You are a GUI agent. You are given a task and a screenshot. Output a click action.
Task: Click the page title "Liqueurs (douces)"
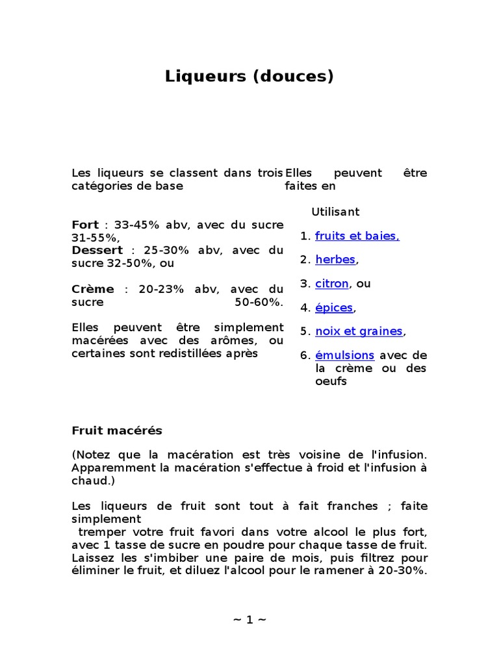249,77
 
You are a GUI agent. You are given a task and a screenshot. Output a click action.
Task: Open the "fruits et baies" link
357,236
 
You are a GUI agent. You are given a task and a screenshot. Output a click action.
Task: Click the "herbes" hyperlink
335,260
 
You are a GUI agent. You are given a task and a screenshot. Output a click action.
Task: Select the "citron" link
332,284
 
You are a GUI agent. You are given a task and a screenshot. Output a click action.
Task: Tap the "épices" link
334,308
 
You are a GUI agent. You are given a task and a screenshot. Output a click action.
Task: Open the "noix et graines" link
359,332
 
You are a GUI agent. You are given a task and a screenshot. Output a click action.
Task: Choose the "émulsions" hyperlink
344,356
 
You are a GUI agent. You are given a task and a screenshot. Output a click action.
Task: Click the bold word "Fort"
85,225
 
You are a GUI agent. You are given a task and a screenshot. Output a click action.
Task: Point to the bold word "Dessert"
97,251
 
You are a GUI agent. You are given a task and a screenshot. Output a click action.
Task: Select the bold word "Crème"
92,290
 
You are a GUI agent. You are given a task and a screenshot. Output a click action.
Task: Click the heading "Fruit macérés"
116,431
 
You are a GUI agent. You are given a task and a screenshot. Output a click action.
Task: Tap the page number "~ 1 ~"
249,620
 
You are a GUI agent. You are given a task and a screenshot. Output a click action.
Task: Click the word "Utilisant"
335,212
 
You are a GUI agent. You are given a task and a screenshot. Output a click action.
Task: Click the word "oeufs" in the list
331,382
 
